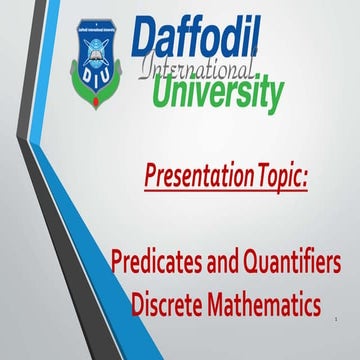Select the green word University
[217, 93]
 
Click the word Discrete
[172, 302]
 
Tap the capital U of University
[165, 93]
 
